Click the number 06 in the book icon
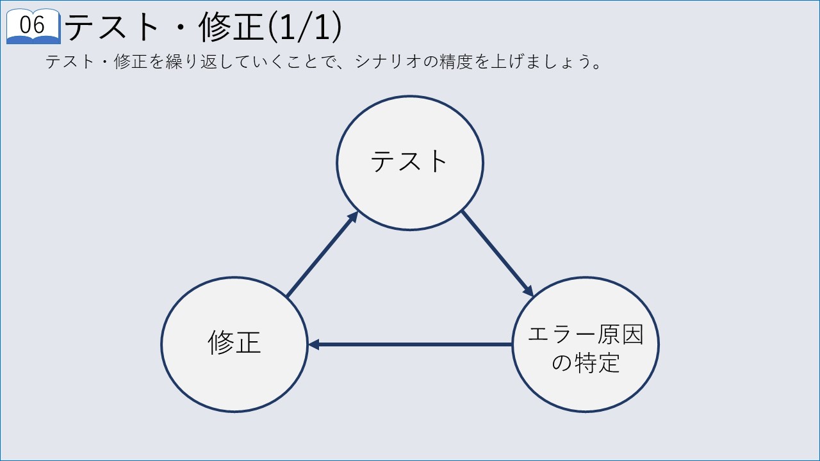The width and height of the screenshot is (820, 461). pyautogui.click(x=32, y=25)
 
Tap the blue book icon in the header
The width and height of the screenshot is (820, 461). pyautogui.click(x=33, y=26)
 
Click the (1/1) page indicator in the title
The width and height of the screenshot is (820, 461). pyautogui.click(x=305, y=27)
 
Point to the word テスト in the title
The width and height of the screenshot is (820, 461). pyautogui.click(x=111, y=27)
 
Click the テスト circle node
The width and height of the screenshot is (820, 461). pyautogui.click(x=410, y=163)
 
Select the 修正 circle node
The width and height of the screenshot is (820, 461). pyautogui.click(x=234, y=344)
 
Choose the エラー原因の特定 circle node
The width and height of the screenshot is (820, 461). pyautogui.click(x=586, y=344)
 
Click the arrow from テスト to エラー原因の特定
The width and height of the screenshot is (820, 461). pyautogui.click(x=498, y=254)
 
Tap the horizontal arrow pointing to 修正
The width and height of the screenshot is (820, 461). pyautogui.click(x=410, y=344)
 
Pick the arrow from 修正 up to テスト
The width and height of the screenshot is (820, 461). pyautogui.click(x=322, y=254)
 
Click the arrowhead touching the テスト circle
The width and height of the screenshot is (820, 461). pyautogui.click(x=353, y=217)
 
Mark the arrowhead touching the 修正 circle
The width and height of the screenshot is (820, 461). pyautogui.click(x=314, y=344)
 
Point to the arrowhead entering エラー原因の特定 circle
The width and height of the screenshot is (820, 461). pyautogui.click(x=529, y=291)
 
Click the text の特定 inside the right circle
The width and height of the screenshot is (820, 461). pyautogui.click(x=586, y=362)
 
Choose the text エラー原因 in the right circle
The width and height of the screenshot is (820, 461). pyautogui.click(x=586, y=334)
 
